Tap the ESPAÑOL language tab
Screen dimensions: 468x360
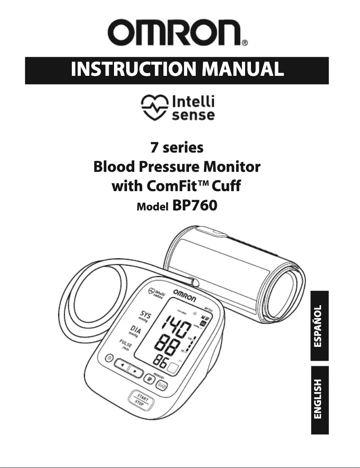(x=319, y=325)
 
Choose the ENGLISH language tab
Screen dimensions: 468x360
(x=319, y=399)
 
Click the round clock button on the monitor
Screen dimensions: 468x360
(x=109, y=357)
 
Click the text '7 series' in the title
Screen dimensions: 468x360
(x=176, y=148)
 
